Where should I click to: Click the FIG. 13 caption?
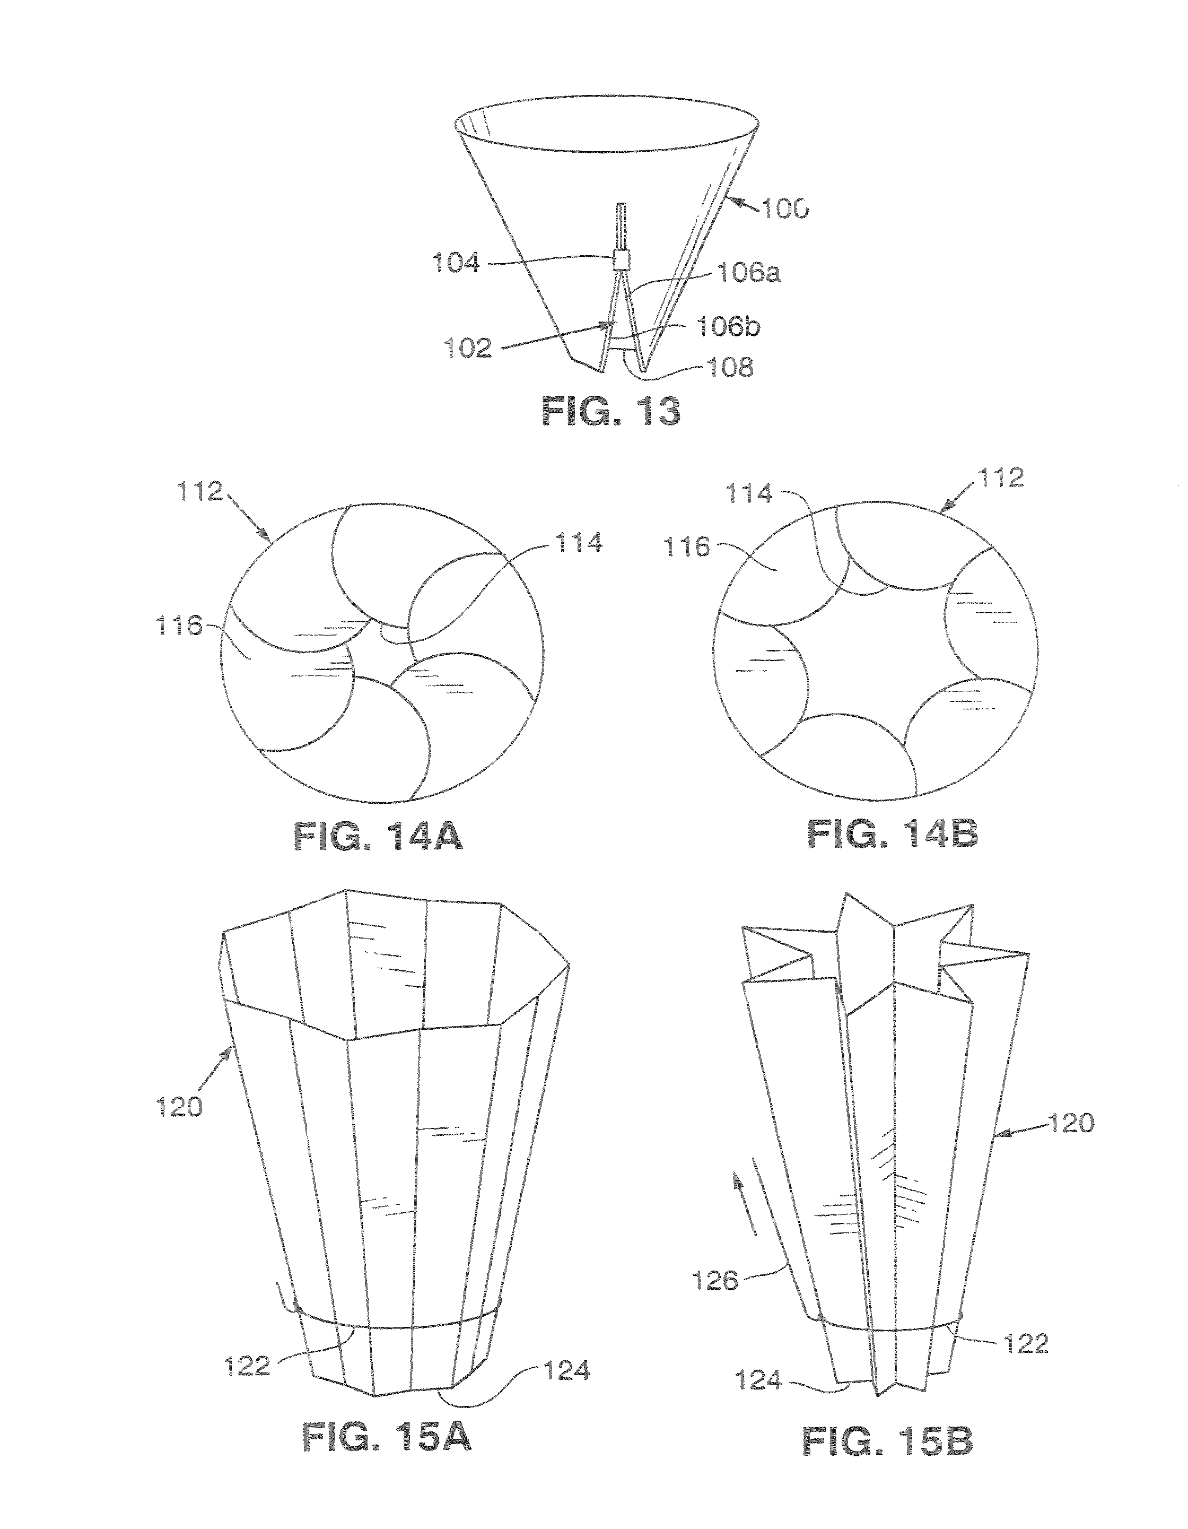pyautogui.click(x=610, y=412)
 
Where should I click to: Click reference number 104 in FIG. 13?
pyautogui.click(x=456, y=264)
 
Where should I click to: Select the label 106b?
pyautogui.click(x=729, y=327)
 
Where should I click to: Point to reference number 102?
pyautogui.click(x=468, y=348)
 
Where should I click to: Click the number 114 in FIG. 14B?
pyautogui.click(x=749, y=495)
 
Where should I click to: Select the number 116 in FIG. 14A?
pyautogui.click(x=179, y=625)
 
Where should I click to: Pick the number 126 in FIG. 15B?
pyautogui.click(x=715, y=1281)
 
